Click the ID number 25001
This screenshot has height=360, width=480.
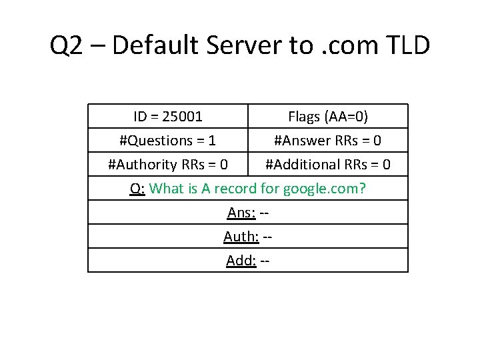pyautogui.click(x=183, y=117)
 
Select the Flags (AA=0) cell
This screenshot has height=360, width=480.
pyautogui.click(x=328, y=117)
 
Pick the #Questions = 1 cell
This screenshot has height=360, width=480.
pyautogui.click(x=167, y=141)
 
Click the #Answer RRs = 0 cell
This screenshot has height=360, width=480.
pyautogui.click(x=328, y=141)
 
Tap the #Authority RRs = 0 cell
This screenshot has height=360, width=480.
pyautogui.click(x=167, y=165)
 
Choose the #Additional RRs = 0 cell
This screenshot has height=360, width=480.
pyautogui.click(x=328, y=165)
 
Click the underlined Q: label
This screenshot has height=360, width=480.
pyautogui.click(x=137, y=189)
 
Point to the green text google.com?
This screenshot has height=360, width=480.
pyautogui.click(x=325, y=189)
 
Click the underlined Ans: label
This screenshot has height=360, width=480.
pyautogui.click(x=240, y=213)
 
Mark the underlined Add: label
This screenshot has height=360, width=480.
pyautogui.click(x=241, y=261)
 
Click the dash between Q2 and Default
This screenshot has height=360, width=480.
pyautogui.click(x=98, y=46)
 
